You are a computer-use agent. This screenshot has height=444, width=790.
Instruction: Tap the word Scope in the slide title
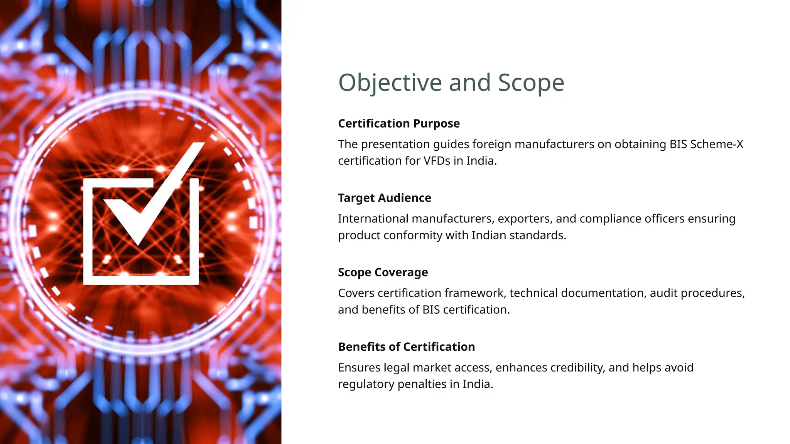(531, 83)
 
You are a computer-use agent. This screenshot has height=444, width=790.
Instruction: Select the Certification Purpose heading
(399, 124)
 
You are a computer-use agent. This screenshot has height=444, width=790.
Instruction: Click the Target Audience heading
(385, 198)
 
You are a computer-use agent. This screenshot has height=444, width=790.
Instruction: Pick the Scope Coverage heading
(383, 272)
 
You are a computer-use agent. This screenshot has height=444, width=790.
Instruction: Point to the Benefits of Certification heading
(406, 347)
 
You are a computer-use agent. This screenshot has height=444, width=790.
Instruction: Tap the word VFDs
(437, 161)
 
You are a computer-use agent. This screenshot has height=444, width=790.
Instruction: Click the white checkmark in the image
(154, 193)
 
